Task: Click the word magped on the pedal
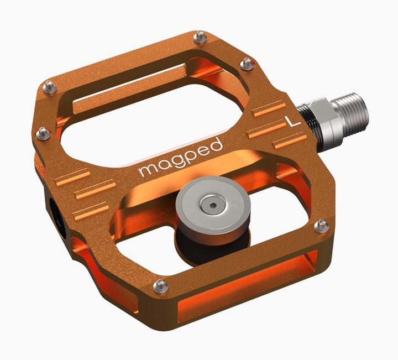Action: tap(180, 157)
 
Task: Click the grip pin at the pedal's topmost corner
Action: tap(200, 38)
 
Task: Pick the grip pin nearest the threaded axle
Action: tap(247, 64)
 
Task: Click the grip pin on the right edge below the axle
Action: tap(321, 225)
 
